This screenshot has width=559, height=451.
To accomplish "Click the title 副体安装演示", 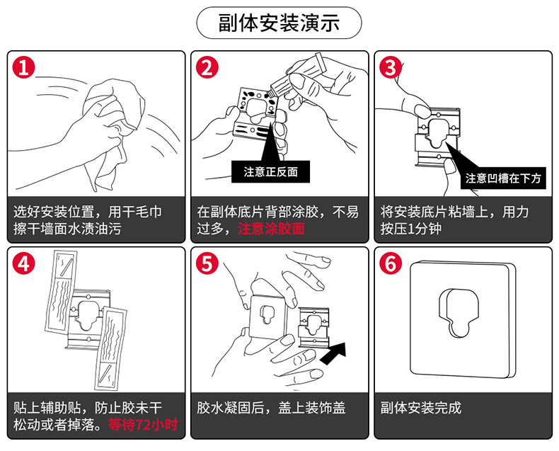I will [x=279, y=23].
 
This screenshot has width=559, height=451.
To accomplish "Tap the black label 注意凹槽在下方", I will [x=503, y=178].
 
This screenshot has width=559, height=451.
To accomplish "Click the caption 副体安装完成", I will [x=420, y=409].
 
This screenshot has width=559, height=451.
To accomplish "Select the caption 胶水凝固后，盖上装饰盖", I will [x=271, y=409].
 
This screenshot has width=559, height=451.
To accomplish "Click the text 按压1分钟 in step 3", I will [x=411, y=229].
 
